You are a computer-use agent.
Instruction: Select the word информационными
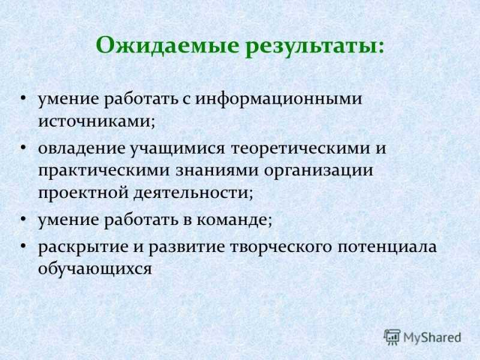pos(278,99)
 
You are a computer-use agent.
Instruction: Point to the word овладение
pos(82,148)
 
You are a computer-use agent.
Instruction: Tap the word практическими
pos(104,171)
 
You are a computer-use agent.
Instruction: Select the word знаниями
pos(217,170)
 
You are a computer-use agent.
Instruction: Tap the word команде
pos(232,220)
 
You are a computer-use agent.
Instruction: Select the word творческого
pos(281,247)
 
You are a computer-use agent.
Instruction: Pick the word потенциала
pos(387,247)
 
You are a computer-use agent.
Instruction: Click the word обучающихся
pos(95,268)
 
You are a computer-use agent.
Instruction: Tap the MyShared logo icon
pos(392,337)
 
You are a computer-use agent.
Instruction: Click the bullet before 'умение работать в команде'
pos(23,219)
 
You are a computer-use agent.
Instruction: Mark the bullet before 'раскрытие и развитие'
pos(23,246)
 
